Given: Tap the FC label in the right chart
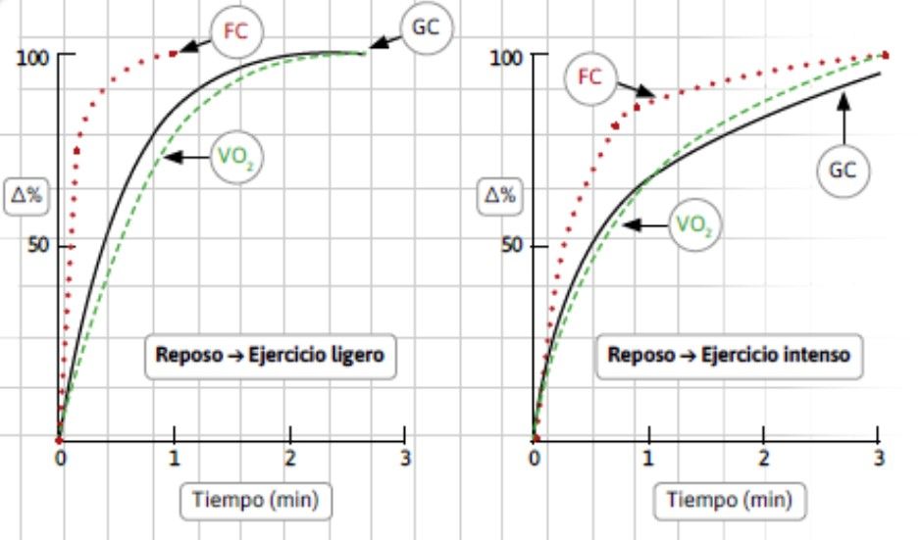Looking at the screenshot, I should [589, 76].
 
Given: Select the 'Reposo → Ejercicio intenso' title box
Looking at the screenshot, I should [730, 357].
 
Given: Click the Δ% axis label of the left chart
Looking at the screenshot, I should [26, 193].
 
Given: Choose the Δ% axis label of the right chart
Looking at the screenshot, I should [500, 193].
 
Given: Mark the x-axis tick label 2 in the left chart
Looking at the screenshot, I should [290, 458].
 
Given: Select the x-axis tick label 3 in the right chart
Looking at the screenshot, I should [879, 458].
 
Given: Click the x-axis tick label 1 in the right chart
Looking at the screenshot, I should [647, 458].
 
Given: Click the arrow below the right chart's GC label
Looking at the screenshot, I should [843, 123].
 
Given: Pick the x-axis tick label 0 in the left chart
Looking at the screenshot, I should [59, 458].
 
